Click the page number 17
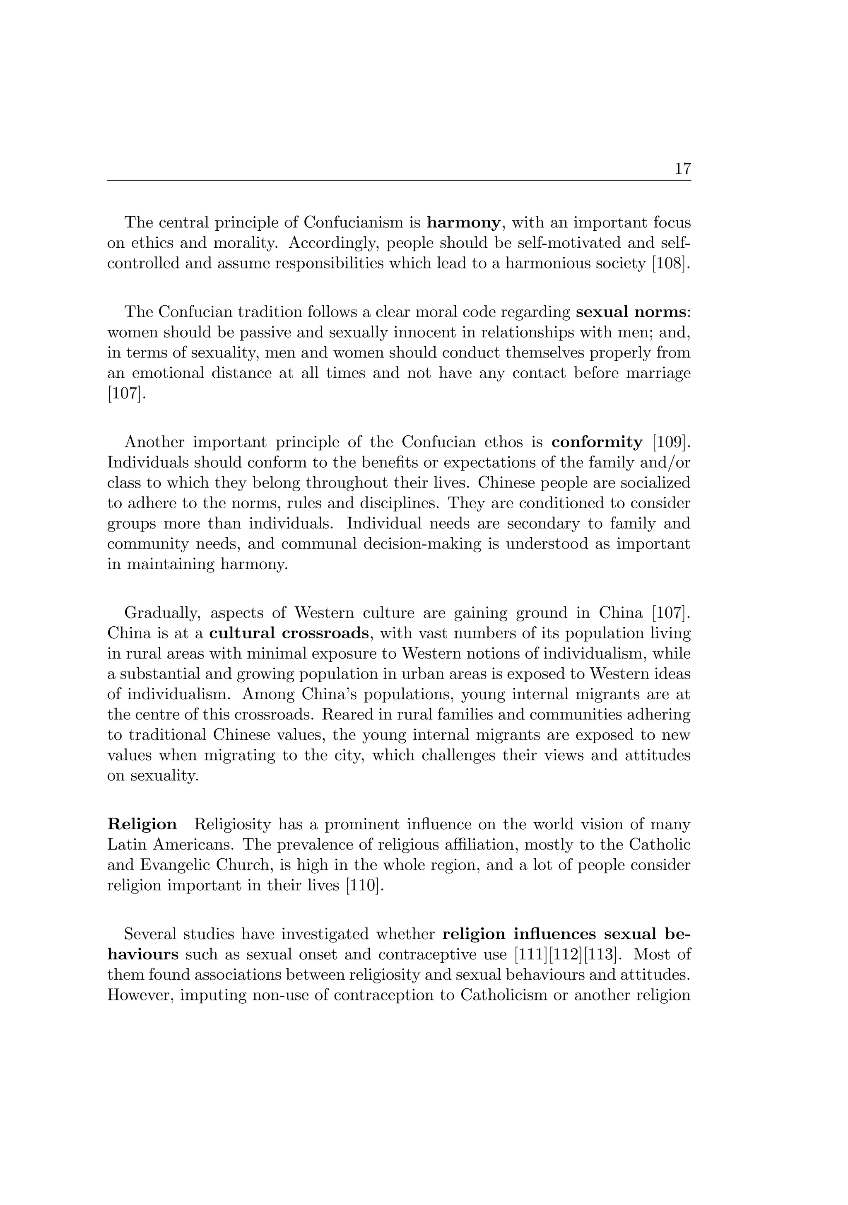[x=682, y=169]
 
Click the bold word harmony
[x=463, y=223]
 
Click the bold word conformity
[x=597, y=442]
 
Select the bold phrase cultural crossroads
[x=289, y=633]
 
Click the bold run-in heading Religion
[x=142, y=824]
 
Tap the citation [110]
[x=361, y=885]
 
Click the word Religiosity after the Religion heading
[x=232, y=824]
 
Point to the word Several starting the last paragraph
[x=151, y=934]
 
